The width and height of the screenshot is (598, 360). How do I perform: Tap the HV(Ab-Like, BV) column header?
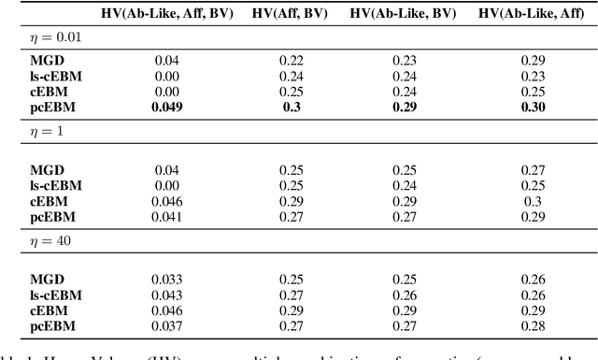coord(404,13)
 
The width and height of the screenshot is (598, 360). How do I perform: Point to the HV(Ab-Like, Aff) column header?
coord(525,13)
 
